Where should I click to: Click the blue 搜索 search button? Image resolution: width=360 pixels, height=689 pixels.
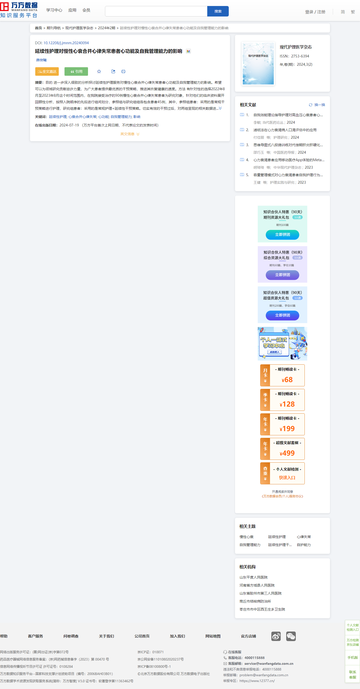point(218,11)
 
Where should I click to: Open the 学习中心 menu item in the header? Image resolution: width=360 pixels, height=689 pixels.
point(54,10)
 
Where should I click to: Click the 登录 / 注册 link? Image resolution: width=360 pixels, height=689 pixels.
point(315,12)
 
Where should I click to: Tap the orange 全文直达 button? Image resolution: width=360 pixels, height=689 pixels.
point(47,71)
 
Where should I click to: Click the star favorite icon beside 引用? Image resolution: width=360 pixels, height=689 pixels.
point(99,71)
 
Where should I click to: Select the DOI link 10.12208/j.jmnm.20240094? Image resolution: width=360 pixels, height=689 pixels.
point(66,43)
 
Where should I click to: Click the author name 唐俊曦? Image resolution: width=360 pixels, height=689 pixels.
point(41,60)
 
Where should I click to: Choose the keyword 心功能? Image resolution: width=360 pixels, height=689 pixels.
point(103,117)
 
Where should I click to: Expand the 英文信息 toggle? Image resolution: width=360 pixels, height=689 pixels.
point(130,134)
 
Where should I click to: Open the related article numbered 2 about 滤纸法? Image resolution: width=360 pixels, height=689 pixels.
point(285,130)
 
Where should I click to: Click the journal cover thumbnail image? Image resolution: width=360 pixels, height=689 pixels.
point(258,64)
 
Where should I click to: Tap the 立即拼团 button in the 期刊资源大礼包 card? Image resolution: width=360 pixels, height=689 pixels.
point(282,235)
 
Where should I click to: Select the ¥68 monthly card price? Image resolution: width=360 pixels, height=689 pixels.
point(287,380)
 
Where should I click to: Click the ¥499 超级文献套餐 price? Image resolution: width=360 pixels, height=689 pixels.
point(287,453)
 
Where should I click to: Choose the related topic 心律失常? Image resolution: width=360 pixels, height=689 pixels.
point(304,537)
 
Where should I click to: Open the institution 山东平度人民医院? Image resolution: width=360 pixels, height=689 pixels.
point(253,577)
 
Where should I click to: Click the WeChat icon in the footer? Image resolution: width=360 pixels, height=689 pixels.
point(291,636)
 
